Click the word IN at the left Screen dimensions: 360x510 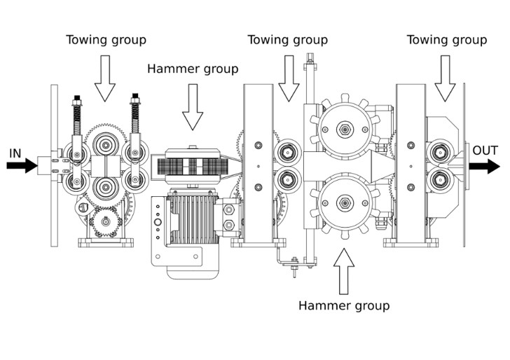15,152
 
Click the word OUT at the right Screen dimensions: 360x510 485,151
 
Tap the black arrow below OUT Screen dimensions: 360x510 485,167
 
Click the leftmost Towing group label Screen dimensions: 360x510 106,39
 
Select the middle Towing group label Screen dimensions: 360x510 287,39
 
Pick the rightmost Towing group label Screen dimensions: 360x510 447,39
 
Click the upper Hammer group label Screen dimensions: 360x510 193,69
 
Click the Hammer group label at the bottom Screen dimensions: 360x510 344,305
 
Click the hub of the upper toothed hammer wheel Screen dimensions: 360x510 344,130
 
